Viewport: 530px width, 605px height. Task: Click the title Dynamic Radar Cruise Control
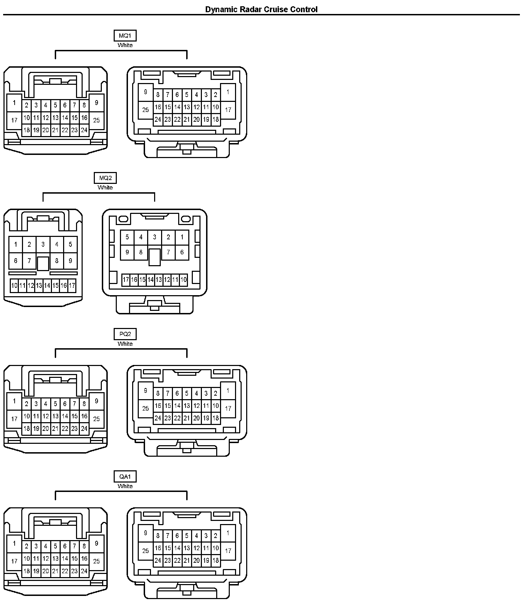[x=261, y=9]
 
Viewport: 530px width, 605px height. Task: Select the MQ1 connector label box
[x=125, y=36]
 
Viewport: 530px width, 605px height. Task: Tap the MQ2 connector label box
[x=105, y=178]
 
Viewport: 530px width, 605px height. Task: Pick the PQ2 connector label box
[x=125, y=334]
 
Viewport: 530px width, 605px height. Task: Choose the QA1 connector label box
[x=125, y=477]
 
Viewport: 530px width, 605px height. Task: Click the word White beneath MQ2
[x=105, y=188]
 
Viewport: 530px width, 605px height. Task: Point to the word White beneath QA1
[x=125, y=486]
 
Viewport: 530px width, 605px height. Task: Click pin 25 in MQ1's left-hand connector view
[x=97, y=120]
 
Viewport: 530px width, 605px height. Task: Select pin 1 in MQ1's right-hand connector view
[x=228, y=92]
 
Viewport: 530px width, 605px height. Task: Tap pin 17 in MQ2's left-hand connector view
[x=72, y=286]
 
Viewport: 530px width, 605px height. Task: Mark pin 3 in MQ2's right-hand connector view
[x=154, y=237]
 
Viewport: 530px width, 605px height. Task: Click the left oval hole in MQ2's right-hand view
[x=123, y=219]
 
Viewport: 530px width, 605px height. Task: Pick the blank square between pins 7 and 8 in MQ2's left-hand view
[x=43, y=263]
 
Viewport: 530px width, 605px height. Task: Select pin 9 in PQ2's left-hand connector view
[x=97, y=401]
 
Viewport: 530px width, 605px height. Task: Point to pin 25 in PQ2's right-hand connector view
[x=146, y=408]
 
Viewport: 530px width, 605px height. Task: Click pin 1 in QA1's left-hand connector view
[x=14, y=544]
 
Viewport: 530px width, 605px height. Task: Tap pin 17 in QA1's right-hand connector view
[x=228, y=551]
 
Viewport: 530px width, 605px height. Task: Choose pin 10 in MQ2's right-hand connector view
[x=184, y=279]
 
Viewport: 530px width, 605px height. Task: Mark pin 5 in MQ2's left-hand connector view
[x=70, y=244]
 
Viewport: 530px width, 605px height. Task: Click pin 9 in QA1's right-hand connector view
[x=146, y=533]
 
